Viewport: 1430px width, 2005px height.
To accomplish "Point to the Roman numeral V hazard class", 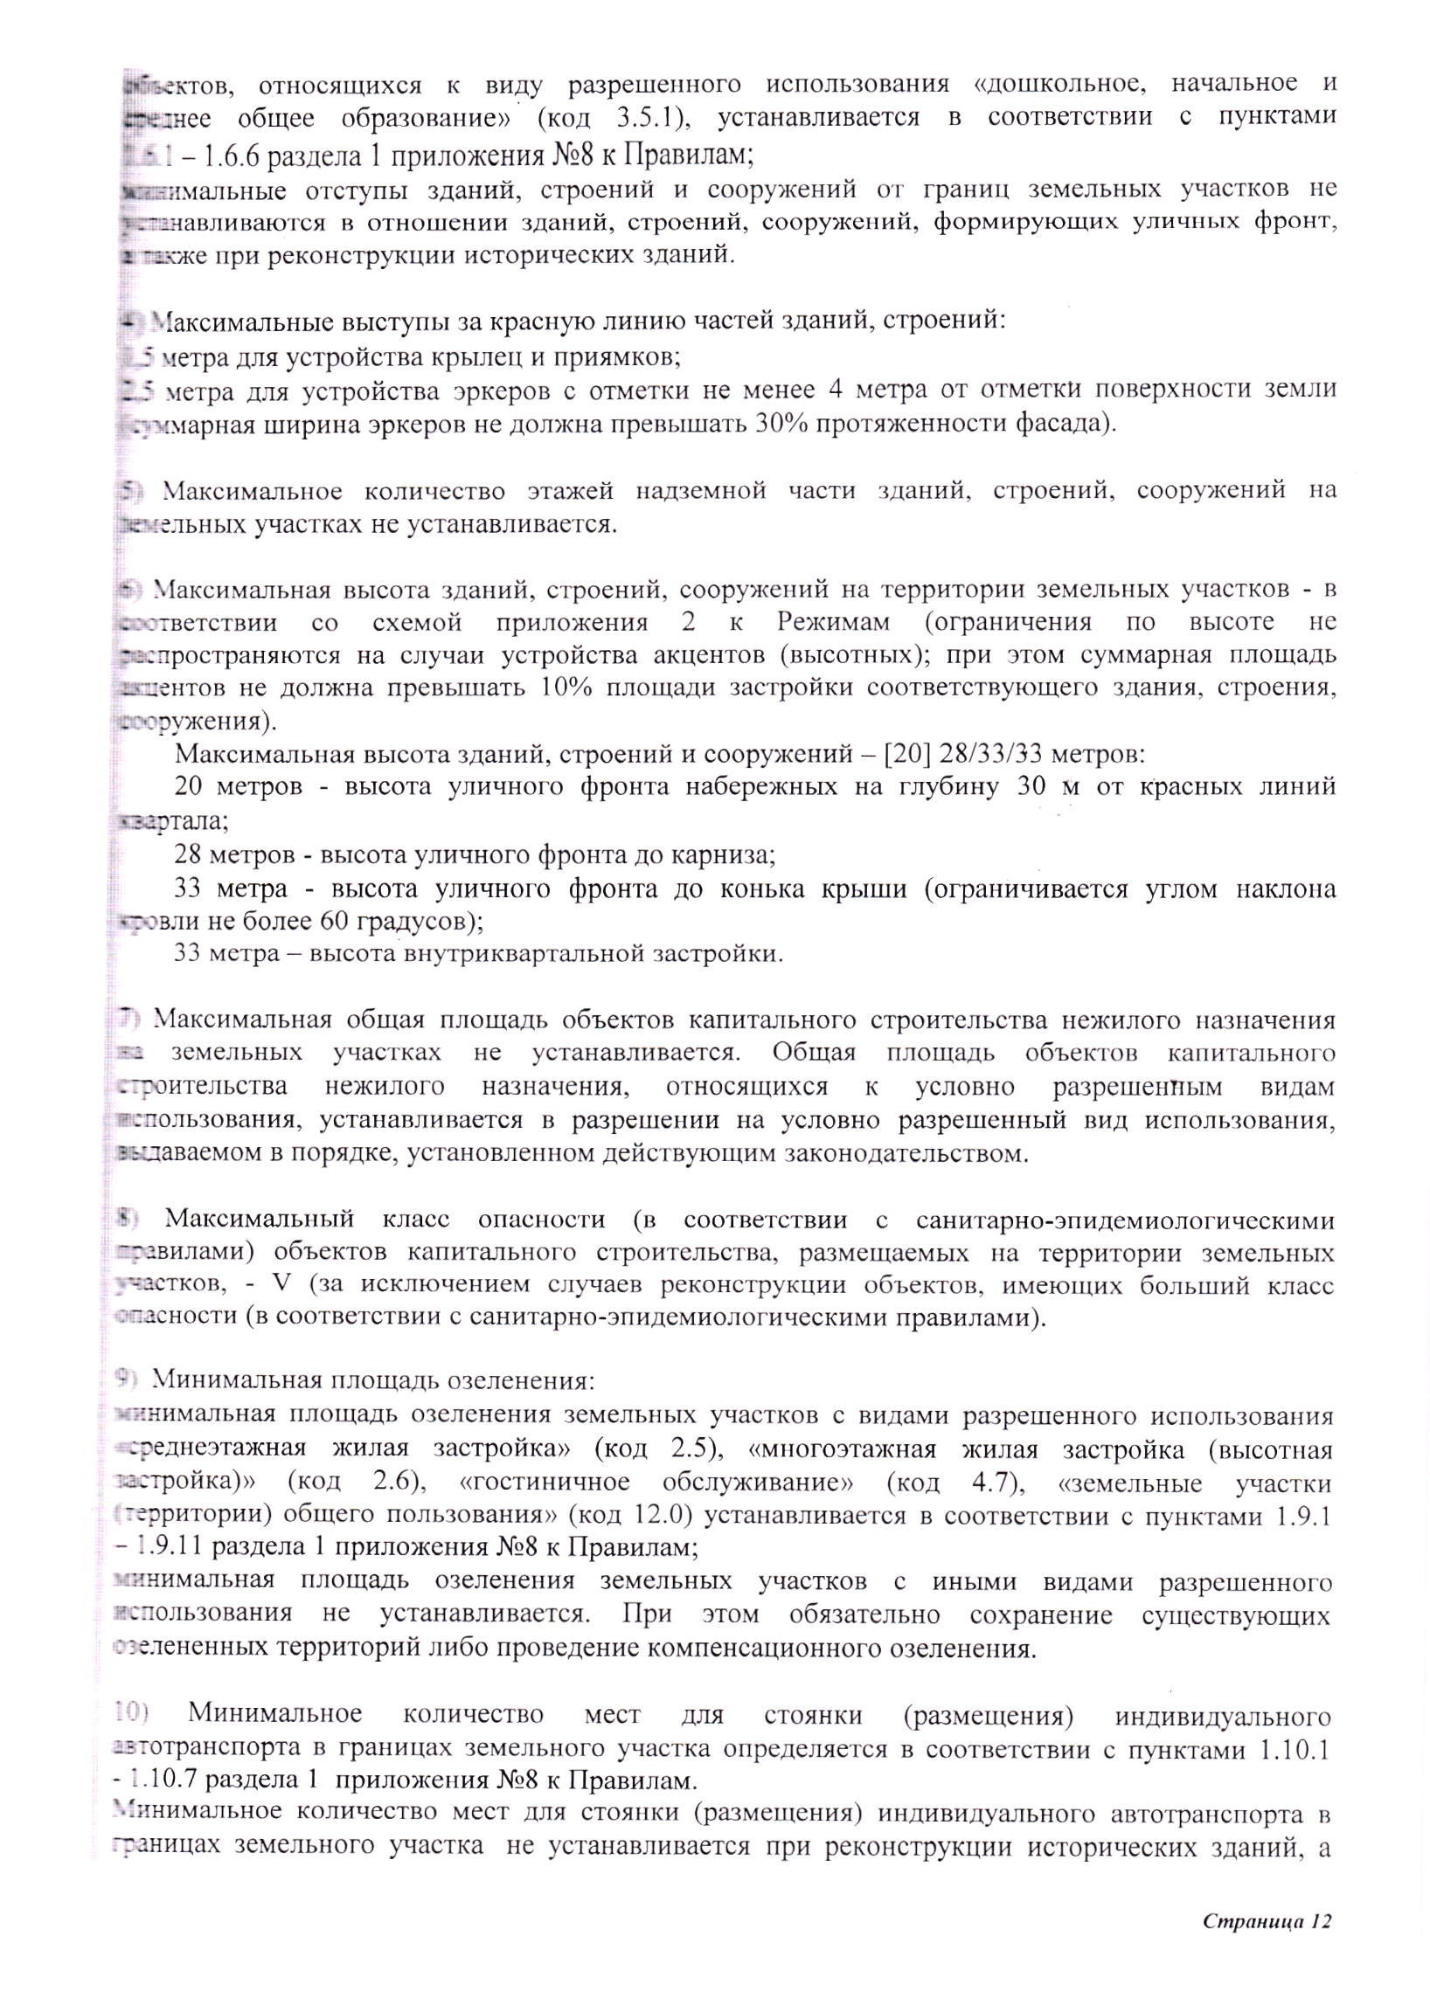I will pyautogui.click(x=281, y=1284).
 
